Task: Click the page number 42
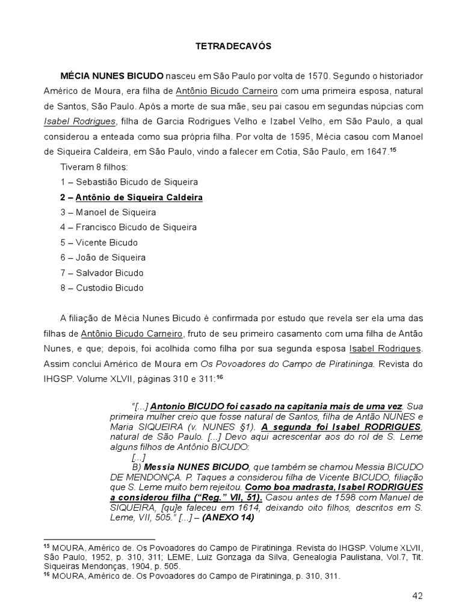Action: point(418,596)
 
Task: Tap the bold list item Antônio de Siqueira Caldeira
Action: point(132,197)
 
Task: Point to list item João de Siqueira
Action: point(103,257)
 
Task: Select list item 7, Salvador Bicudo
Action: point(102,273)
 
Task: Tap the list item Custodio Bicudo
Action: point(102,288)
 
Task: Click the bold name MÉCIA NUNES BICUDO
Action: point(112,76)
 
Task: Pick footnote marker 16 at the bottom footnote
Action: point(46,574)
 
